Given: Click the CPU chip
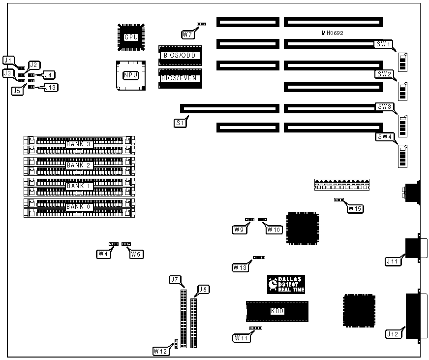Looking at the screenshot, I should point(131,37).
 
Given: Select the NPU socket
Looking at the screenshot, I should point(130,75).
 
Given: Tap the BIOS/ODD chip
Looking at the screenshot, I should point(180,55).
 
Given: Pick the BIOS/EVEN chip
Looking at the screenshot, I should point(180,78).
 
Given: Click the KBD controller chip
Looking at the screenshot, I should point(277,311).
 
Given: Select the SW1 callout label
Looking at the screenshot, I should point(384,44).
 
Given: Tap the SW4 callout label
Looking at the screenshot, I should point(384,136).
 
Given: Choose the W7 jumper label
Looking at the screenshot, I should point(187,34).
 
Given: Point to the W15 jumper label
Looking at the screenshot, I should point(354,208).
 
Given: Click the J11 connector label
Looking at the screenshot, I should point(393,262).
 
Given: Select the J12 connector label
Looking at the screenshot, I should point(394,334).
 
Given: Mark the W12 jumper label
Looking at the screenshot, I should point(160,351).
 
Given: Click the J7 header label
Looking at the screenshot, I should point(175,280).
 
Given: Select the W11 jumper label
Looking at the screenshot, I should point(241,337).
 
